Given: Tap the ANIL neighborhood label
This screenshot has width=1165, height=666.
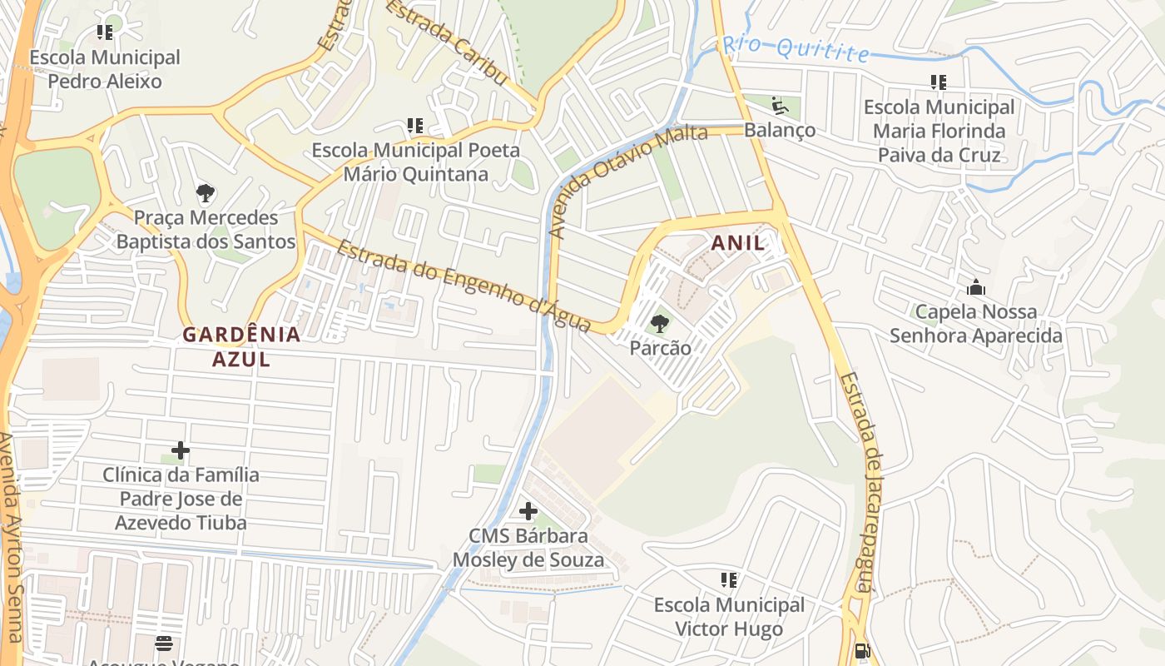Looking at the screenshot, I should pos(737,242).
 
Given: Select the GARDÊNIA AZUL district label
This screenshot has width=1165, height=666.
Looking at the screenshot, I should pos(241,346).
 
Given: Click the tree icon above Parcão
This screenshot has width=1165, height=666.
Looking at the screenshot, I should pos(660,323).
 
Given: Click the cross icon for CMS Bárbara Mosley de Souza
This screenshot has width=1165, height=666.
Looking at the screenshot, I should pos(528,510).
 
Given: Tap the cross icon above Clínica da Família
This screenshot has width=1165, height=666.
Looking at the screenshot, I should pos(181,450).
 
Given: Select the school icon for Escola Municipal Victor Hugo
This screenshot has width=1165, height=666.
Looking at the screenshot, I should pos(729,579).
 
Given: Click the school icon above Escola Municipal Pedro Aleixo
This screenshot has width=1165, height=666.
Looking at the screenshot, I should pos(104,32).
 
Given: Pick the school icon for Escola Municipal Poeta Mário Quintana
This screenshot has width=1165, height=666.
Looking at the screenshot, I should pos(415,126).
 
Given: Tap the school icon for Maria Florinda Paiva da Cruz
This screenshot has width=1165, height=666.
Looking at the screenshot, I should pos(939,82).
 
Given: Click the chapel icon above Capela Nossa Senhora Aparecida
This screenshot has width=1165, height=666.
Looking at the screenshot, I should pos(976,288).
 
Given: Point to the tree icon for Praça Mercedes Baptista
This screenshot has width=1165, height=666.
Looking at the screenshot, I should pos(206,193).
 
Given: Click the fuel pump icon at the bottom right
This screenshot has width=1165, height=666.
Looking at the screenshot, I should pos(863,651).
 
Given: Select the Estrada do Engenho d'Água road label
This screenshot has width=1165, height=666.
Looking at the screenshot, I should pos(464,286).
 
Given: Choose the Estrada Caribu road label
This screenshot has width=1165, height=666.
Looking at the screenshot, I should pos(446,42).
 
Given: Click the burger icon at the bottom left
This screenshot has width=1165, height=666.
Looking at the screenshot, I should pos(164,643).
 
